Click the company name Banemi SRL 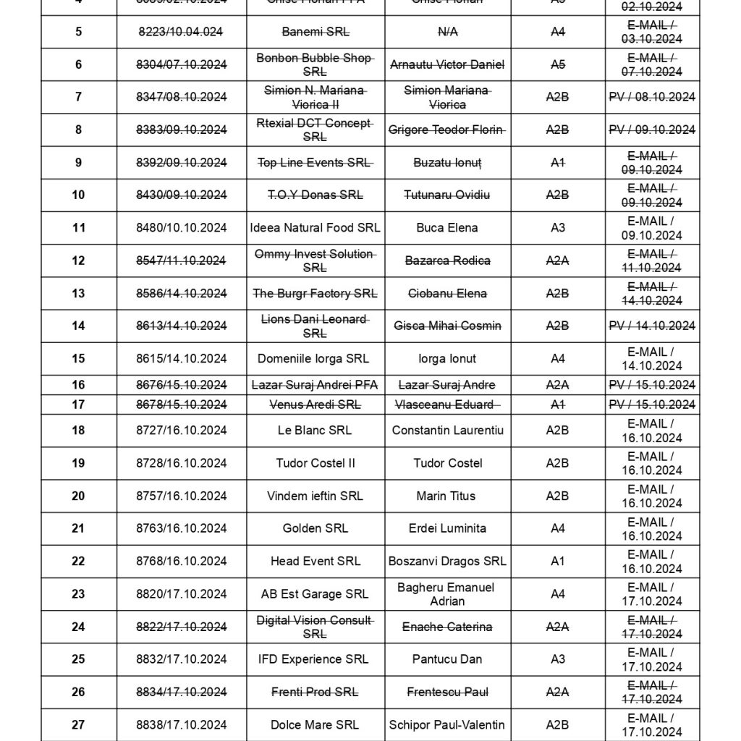[315, 32]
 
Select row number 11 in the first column [78, 228]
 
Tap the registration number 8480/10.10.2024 [181, 228]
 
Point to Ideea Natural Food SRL [315, 228]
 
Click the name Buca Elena [447, 228]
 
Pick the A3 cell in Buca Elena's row [557, 228]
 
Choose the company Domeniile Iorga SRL [313, 358]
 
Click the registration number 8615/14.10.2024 [181, 358]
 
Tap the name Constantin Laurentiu [447, 431]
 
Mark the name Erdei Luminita [447, 528]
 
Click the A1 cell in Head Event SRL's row [557, 561]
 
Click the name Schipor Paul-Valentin [447, 724]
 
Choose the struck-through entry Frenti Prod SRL [315, 692]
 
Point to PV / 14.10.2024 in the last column [652, 326]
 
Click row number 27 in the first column [78, 724]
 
